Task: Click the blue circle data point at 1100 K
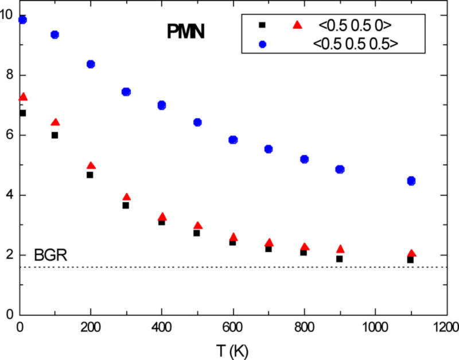(411, 181)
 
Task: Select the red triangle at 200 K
(91, 166)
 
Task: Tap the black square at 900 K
(339, 259)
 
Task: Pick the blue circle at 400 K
(162, 105)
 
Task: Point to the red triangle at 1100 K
(411, 253)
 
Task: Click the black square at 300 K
(126, 205)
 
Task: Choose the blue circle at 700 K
(268, 149)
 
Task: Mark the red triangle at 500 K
(198, 226)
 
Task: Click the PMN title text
(185, 32)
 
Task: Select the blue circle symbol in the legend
(262, 43)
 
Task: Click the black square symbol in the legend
(262, 25)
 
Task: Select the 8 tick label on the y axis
(9, 76)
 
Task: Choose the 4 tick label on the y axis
(9, 195)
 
